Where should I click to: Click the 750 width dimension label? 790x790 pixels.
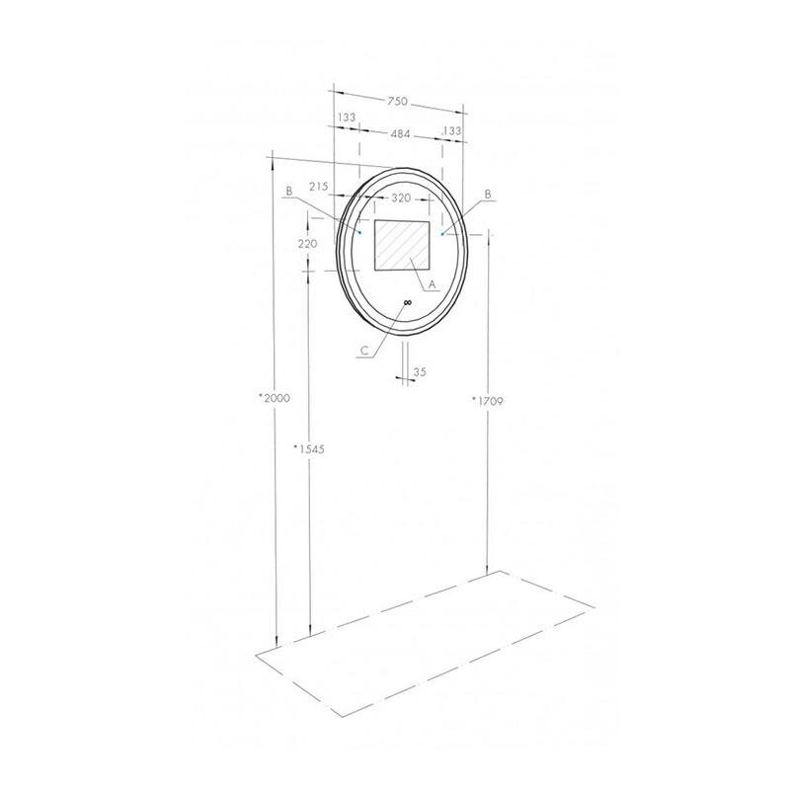pos(397,102)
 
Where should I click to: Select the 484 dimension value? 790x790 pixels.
pos(401,134)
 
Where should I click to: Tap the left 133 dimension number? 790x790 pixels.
pos(347,118)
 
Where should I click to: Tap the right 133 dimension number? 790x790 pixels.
pos(451,130)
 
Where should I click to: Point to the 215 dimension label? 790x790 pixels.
pos(318,187)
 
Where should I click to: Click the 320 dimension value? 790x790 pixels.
pos(401,198)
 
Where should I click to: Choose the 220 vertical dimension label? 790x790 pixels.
pos(307,244)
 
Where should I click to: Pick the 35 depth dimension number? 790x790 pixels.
pos(420,372)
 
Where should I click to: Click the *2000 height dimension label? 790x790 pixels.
pos(275,398)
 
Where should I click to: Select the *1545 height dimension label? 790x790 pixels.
pos(309,449)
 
